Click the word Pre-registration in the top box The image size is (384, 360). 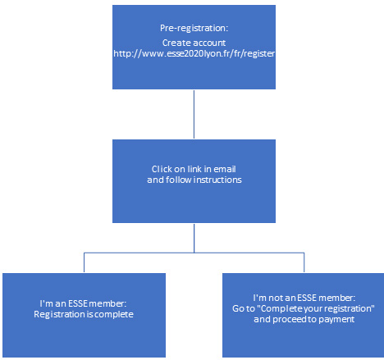[x=193, y=29]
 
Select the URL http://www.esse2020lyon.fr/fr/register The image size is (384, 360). [x=194, y=53]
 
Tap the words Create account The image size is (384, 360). [x=194, y=43]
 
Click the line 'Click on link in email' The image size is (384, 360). [x=194, y=169]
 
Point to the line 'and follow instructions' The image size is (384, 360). [x=194, y=180]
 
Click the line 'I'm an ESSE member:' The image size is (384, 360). [x=83, y=303]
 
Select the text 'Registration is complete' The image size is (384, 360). [x=84, y=315]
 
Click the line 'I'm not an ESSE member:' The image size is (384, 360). [x=304, y=298]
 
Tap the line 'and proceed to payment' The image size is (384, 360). [x=304, y=320]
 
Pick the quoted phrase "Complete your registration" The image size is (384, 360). [x=316, y=309]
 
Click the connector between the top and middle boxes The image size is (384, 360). [x=194, y=114]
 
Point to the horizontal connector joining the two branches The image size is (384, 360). [x=194, y=253]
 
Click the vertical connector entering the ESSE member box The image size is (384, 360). [x=84, y=262]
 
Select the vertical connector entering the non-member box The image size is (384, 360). [x=304, y=262]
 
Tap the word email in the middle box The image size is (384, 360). [x=225, y=169]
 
